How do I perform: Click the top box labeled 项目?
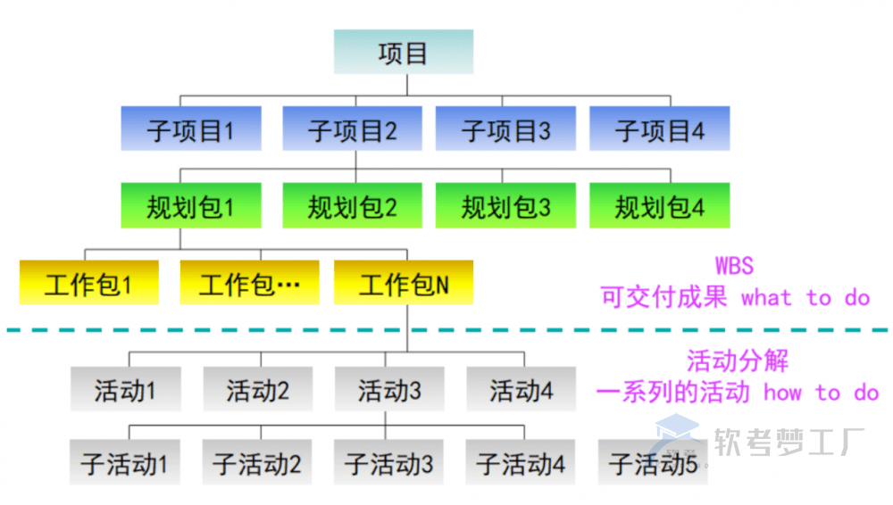tap(403, 53)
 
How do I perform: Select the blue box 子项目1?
tap(191, 130)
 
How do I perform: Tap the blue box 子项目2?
tap(352, 130)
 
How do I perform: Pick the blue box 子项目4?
tap(659, 130)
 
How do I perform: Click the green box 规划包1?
tap(191, 206)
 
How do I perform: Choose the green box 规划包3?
tap(505, 206)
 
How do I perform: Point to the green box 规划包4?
tap(659, 206)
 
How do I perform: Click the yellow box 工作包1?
tap(88, 284)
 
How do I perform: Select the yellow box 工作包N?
tap(403, 284)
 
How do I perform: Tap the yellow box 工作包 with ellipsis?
tap(248, 284)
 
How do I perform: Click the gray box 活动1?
tap(126, 389)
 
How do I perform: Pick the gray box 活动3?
tap(389, 389)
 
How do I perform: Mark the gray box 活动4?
tap(522, 389)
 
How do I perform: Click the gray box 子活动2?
tap(257, 463)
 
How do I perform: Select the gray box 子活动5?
tap(653, 463)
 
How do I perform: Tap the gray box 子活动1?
tap(125, 463)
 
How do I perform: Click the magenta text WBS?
tap(734, 265)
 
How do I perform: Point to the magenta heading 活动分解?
tap(738, 361)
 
